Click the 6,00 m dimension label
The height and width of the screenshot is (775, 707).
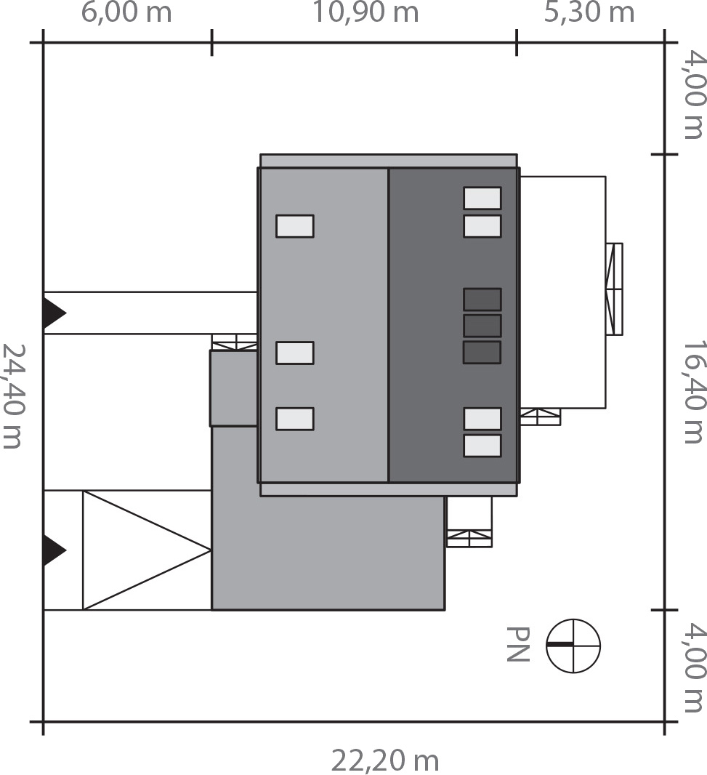pyautogui.click(x=126, y=13)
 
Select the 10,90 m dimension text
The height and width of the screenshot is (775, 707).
pyautogui.click(x=365, y=13)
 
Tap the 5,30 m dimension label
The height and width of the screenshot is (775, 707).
pyautogui.click(x=589, y=13)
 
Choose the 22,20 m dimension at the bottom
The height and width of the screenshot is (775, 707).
pyautogui.click(x=385, y=760)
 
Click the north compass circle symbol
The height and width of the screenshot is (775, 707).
pyautogui.click(x=573, y=646)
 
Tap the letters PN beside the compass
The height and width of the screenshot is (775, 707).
pyautogui.click(x=517, y=644)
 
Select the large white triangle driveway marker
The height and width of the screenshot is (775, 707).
pyautogui.click(x=138, y=550)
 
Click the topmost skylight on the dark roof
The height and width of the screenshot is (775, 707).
pyautogui.click(x=482, y=198)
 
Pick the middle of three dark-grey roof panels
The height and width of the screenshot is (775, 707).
pyautogui.click(x=482, y=326)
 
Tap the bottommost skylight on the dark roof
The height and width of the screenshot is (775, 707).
pyautogui.click(x=482, y=446)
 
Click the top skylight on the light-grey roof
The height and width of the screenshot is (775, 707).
pyautogui.click(x=295, y=226)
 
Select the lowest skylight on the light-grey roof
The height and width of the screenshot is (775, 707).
pyautogui.click(x=295, y=419)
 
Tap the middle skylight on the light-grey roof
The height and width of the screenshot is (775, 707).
pyautogui.click(x=295, y=353)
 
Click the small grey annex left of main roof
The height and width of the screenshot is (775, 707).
pyautogui.click(x=234, y=388)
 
